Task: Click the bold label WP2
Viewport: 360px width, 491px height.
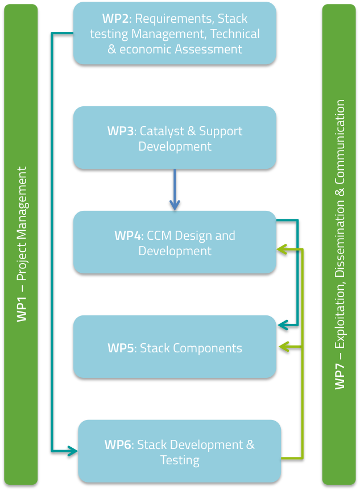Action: click(115, 19)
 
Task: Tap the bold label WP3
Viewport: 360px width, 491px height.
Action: click(120, 131)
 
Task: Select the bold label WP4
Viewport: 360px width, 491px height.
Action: click(127, 236)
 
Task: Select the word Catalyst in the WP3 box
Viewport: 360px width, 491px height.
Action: click(160, 131)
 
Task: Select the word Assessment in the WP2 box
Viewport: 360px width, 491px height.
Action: click(208, 49)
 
